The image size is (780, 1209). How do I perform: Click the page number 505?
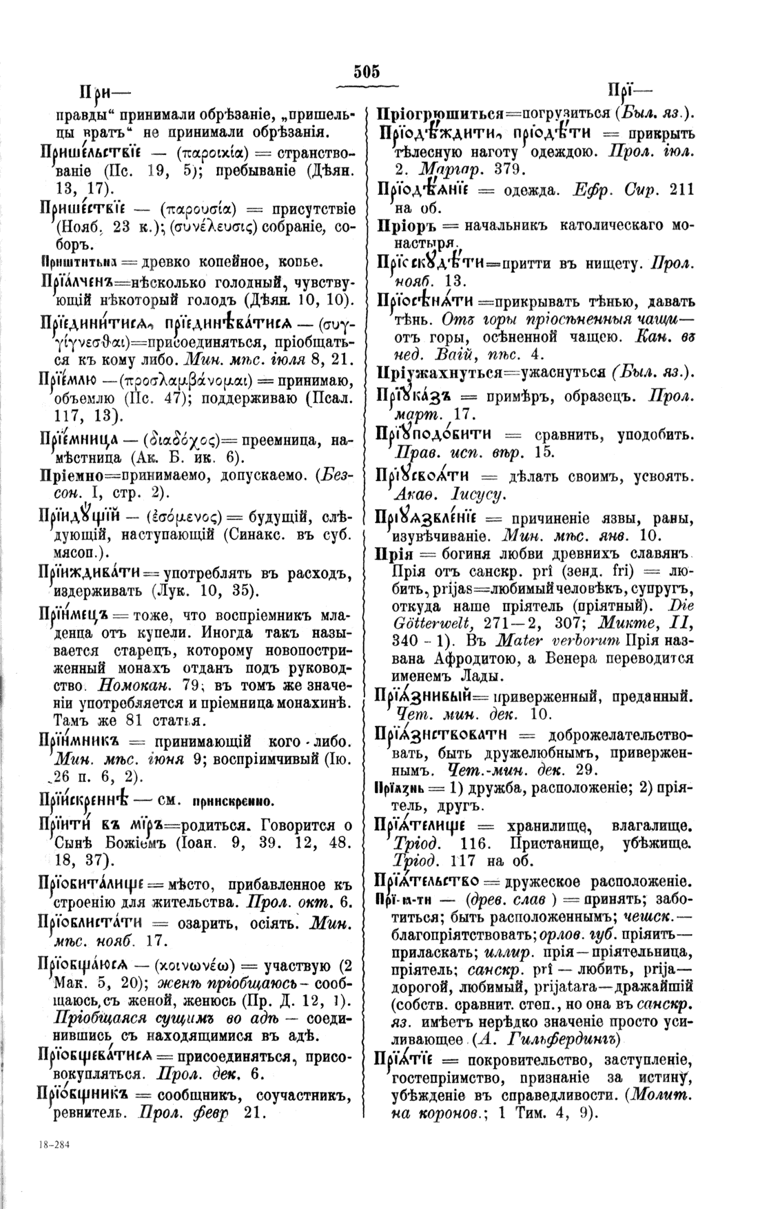367,72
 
